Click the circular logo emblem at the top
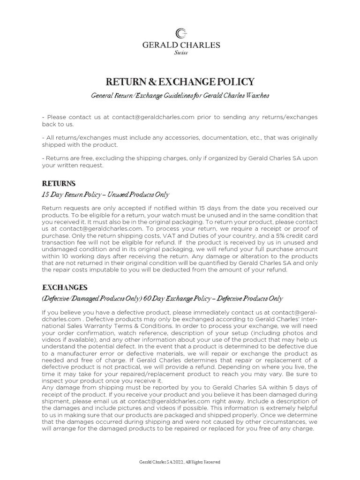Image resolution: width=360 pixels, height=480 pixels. (180, 33)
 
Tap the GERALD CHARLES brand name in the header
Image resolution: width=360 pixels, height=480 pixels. (180, 45)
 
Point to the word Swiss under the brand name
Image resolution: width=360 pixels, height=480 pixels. (180, 53)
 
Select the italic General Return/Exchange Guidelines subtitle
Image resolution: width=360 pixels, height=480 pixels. (180, 96)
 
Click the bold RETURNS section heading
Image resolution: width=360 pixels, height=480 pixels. (59, 183)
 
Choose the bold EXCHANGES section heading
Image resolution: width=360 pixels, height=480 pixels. (65, 287)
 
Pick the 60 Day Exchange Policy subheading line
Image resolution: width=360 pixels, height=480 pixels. (162, 299)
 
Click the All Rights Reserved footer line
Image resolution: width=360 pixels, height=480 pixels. (180, 462)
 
